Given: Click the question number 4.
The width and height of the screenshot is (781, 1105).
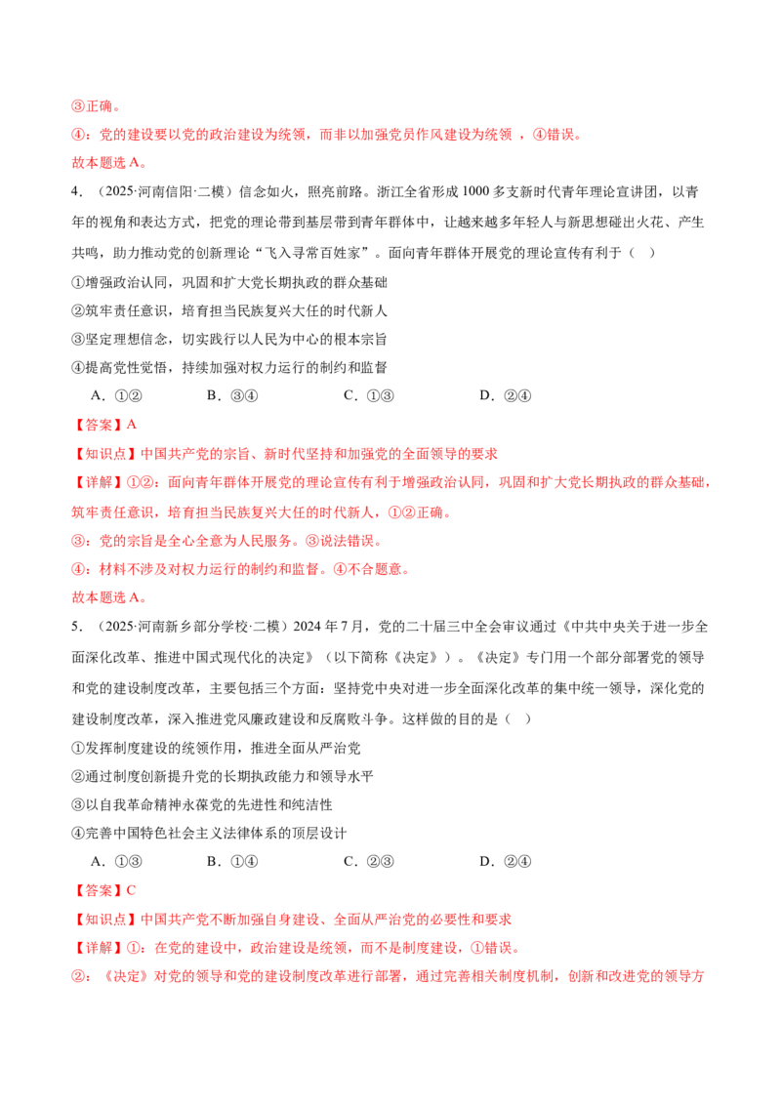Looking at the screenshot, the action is tap(76, 191).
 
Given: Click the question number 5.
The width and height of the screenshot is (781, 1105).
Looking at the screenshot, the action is tap(76, 627).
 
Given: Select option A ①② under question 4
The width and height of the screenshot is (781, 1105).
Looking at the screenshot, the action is tap(116, 396).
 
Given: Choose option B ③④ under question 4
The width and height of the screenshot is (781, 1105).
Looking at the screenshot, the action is tap(232, 396).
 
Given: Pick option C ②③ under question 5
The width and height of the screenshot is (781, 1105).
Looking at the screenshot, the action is tap(369, 861).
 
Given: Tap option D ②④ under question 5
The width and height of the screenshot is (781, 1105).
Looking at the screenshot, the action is tap(506, 861).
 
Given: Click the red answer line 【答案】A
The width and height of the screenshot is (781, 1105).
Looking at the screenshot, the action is tap(104, 425).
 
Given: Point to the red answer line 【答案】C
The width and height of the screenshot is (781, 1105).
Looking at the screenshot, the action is tap(104, 890).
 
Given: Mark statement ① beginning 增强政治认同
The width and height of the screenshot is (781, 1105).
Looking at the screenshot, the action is tap(229, 282).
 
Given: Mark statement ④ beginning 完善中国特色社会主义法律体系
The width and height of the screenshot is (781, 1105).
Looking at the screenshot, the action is tap(209, 833).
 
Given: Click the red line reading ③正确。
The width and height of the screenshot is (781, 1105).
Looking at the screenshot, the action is tap(97, 106).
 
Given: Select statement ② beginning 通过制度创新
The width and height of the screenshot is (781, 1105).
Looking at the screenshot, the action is tap(223, 777).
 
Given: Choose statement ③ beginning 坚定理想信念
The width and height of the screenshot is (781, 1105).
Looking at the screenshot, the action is tap(229, 339).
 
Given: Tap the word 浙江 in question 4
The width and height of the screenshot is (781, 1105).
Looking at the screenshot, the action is tap(390, 191).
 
